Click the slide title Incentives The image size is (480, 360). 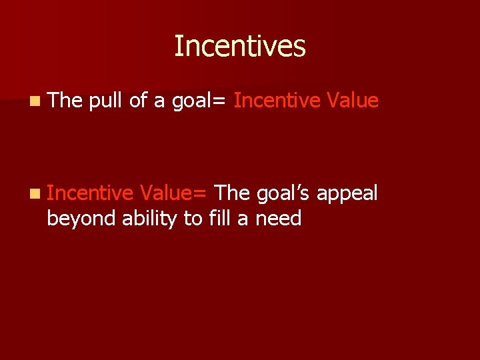click(x=239, y=47)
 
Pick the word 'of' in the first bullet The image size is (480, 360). click(x=138, y=101)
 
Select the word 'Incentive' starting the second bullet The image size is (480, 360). click(x=90, y=193)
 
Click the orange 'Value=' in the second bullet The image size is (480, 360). click(x=174, y=193)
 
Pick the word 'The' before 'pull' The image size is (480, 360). click(x=64, y=101)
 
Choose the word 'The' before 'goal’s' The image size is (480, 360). click(x=233, y=193)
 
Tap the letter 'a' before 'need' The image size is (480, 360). click(x=242, y=219)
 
